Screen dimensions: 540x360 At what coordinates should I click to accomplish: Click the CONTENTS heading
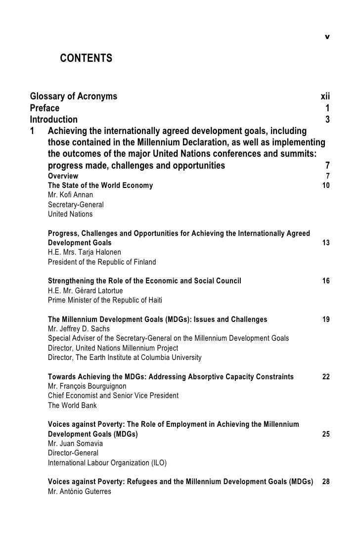tap(86, 59)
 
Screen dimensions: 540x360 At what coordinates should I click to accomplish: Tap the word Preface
tap(45, 108)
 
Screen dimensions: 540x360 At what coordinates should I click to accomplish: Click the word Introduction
tap(54, 119)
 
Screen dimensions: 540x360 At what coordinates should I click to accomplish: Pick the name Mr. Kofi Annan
tap(70, 195)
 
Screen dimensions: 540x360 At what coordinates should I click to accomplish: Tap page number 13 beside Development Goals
tap(326, 243)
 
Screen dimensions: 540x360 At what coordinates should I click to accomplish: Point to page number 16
tap(326, 281)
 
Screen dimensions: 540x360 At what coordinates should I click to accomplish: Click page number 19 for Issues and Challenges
tap(326, 319)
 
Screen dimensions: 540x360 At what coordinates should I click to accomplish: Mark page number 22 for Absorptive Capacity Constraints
tap(326, 377)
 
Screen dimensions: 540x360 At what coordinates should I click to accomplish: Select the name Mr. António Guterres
tap(79, 492)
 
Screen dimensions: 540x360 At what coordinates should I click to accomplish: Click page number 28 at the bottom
tap(326, 482)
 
